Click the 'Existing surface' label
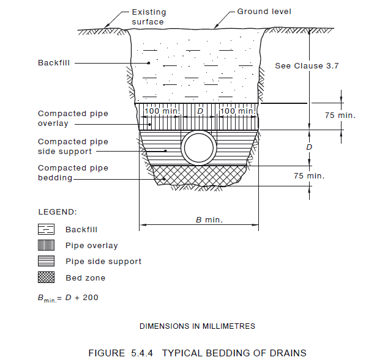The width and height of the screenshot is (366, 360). (149, 17)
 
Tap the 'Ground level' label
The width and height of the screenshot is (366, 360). (264, 12)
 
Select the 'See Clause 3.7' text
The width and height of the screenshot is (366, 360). (307, 66)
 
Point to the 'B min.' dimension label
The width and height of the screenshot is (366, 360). (209, 219)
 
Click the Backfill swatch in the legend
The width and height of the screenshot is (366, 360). (47, 229)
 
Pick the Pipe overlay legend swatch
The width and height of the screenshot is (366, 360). (47, 245)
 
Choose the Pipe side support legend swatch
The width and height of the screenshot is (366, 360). (47, 261)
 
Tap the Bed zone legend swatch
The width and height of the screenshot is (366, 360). (47, 277)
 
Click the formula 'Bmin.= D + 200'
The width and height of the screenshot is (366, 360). (68, 298)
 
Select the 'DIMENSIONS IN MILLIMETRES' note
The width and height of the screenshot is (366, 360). (197, 326)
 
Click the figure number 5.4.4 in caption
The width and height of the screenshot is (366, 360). (142, 353)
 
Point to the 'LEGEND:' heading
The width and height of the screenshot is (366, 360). (58, 212)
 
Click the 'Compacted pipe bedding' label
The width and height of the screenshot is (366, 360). (73, 173)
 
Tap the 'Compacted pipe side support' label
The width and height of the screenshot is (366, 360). (73, 147)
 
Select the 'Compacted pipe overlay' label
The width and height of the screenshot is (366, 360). (73, 119)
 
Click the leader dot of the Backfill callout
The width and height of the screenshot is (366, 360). (149, 63)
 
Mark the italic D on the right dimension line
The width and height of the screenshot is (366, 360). (309, 147)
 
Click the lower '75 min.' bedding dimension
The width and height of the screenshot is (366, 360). (309, 176)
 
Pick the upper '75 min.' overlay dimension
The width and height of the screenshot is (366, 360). (340, 115)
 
